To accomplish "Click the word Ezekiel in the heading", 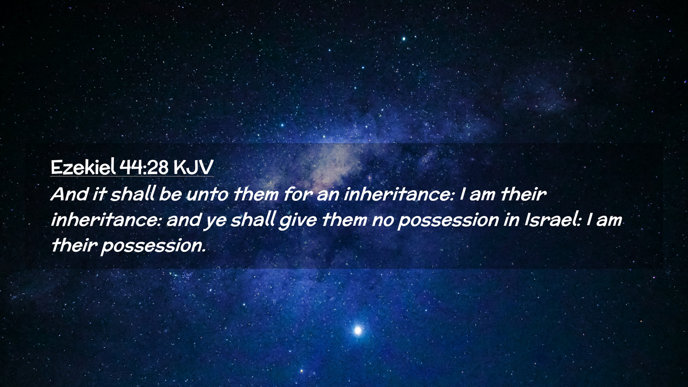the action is [83, 167].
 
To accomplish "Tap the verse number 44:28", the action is [144, 167].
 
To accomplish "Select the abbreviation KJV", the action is [193, 167].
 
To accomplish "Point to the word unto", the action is [207, 195].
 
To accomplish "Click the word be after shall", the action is [170, 194].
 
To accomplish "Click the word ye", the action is [215, 222].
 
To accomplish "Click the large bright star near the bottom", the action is [357, 330].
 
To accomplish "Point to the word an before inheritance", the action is [328, 196].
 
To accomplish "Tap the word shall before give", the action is [253, 220].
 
